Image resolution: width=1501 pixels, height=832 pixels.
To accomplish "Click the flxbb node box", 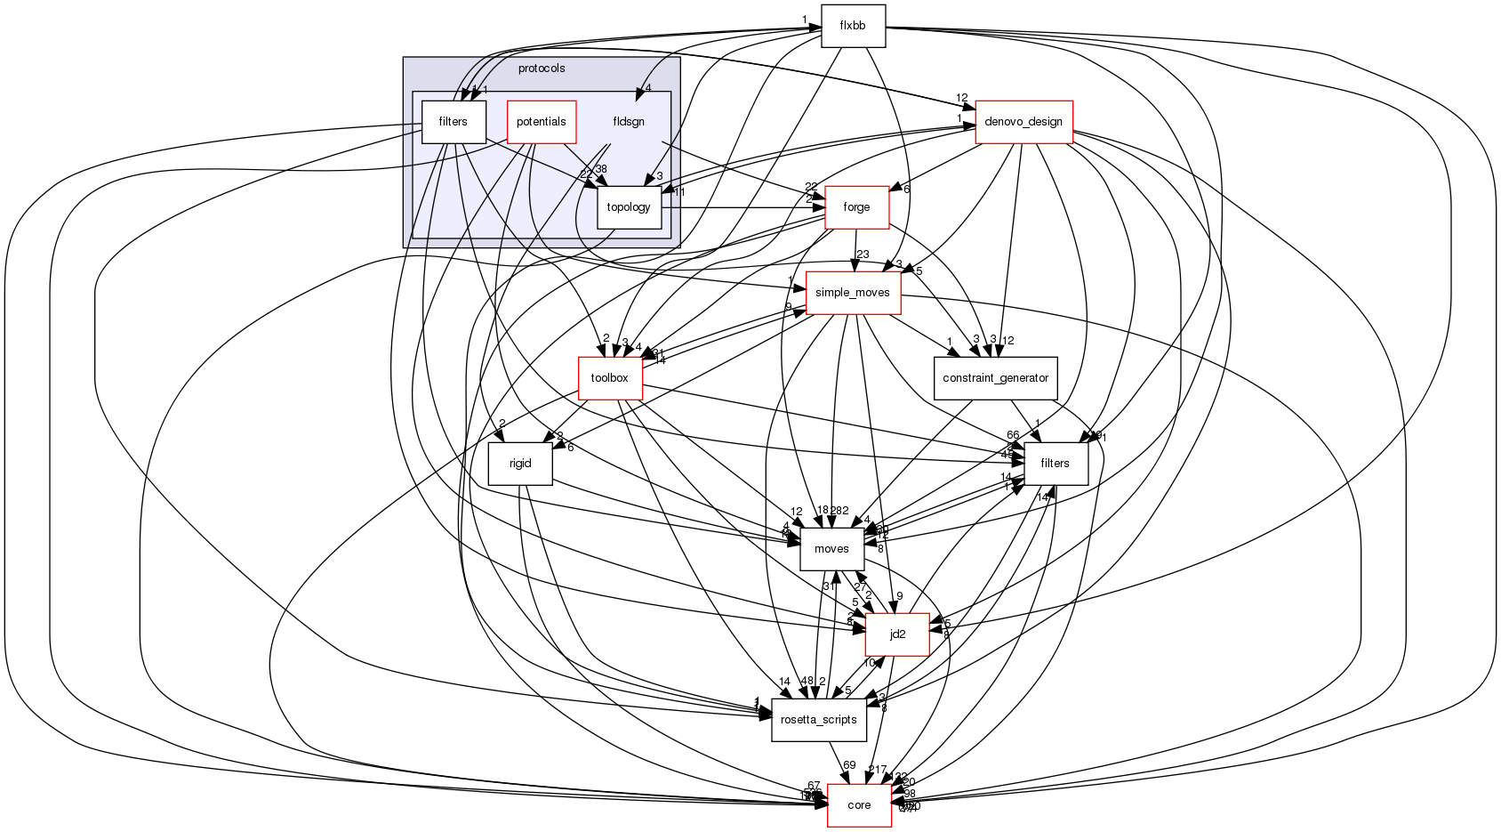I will pos(853,26).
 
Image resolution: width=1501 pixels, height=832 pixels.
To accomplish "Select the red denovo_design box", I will pos(1024,122).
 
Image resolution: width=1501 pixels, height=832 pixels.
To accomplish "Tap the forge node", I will pos(856,207).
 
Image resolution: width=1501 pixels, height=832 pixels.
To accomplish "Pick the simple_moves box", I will pos(853,293).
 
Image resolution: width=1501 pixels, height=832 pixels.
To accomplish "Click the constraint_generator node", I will pos(995,378).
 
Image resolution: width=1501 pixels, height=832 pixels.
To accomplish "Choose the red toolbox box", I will pos(610,378).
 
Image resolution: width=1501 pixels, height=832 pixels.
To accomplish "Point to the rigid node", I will pos(520,464).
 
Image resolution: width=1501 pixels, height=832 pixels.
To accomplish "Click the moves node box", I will pos(831,549).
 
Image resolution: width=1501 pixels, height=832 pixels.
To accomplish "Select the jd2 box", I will pos(898,634).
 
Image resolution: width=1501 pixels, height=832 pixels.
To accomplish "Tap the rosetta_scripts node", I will pos(819,720).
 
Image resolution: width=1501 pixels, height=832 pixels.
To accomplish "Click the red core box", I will pos(859,805).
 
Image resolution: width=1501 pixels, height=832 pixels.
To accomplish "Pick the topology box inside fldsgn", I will pos(629,207).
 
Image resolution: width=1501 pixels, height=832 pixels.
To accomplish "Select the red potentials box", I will pos(541,122).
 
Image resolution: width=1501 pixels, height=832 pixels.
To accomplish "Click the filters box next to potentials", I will pos(453,122).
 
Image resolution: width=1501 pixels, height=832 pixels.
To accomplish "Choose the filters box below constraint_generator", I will pos(1055,464).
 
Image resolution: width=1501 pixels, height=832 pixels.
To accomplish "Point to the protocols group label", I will pos(542,69).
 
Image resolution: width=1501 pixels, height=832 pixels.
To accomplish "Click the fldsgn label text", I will pos(629,122).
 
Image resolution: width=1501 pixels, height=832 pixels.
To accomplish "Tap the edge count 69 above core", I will pos(849,765).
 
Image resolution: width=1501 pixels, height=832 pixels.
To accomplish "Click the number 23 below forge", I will pos(863,254).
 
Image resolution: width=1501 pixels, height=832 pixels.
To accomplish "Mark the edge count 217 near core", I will pos(877,770).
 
